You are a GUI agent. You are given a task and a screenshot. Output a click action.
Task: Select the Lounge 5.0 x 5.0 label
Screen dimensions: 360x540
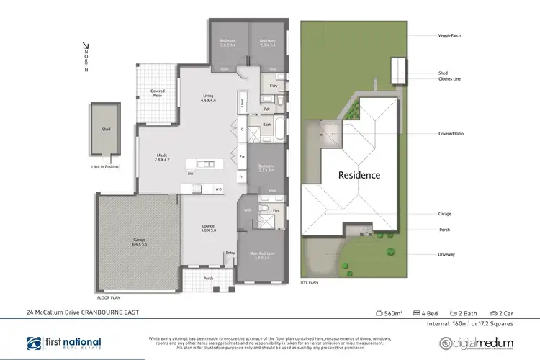point(208,230)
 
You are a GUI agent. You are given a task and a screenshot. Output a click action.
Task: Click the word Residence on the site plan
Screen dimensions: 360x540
point(359,174)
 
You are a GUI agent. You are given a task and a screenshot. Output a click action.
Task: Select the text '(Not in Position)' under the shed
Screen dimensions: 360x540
point(105,167)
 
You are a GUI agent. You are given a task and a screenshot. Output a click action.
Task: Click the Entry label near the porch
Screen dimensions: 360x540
point(230,253)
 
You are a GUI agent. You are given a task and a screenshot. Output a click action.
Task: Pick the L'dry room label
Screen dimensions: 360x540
point(273,86)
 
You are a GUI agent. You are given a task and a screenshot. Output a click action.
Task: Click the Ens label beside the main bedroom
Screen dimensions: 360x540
point(276,211)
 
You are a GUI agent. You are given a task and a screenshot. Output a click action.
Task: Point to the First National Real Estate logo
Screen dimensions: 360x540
point(64,343)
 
